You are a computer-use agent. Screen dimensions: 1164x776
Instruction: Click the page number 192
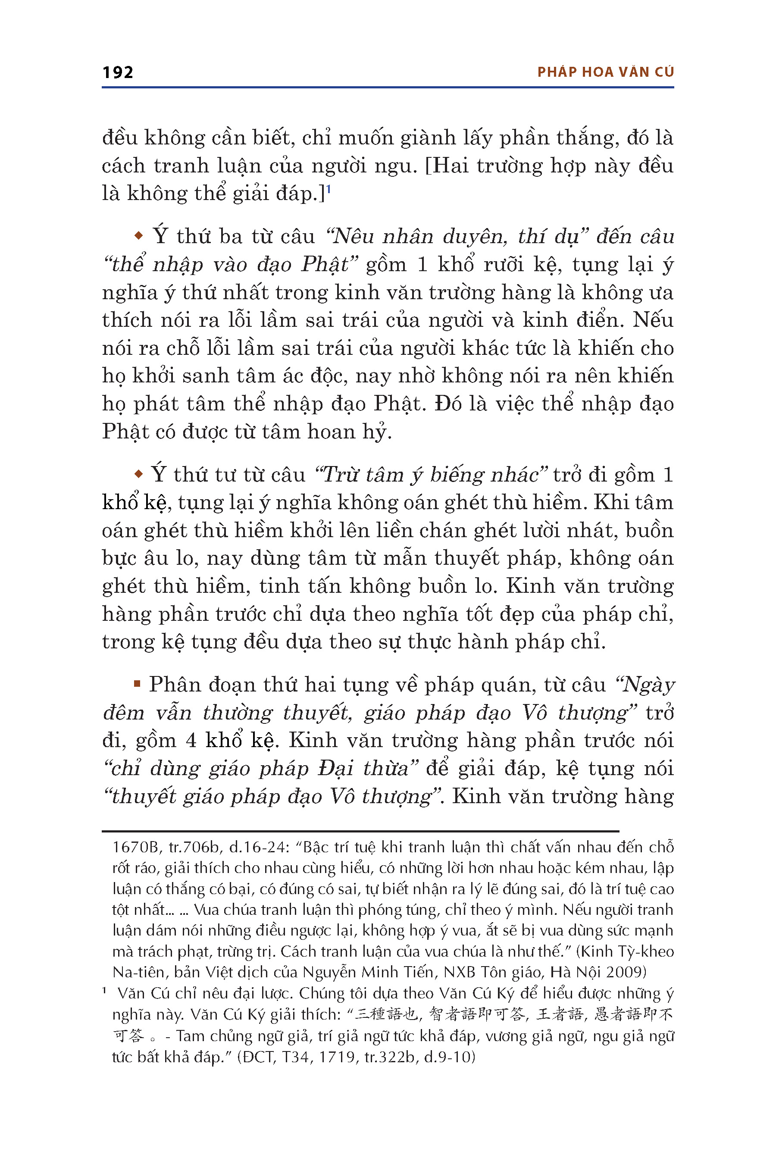pyautogui.click(x=118, y=73)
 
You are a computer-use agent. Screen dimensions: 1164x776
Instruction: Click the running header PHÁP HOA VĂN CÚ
pyautogui.click(x=605, y=72)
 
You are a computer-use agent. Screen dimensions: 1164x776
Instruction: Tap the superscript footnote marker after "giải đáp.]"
pyautogui.click(x=329, y=189)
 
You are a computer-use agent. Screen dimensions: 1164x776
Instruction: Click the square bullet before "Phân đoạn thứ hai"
pyautogui.click(x=137, y=684)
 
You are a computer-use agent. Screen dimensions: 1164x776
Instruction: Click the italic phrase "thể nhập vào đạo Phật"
pyautogui.click(x=230, y=264)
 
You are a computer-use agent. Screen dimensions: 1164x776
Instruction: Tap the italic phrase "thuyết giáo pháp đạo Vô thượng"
pyautogui.click(x=272, y=796)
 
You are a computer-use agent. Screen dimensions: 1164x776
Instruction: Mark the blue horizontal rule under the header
pyautogui.click(x=388, y=88)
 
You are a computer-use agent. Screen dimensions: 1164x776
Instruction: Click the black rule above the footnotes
pyautogui.click(x=360, y=831)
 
